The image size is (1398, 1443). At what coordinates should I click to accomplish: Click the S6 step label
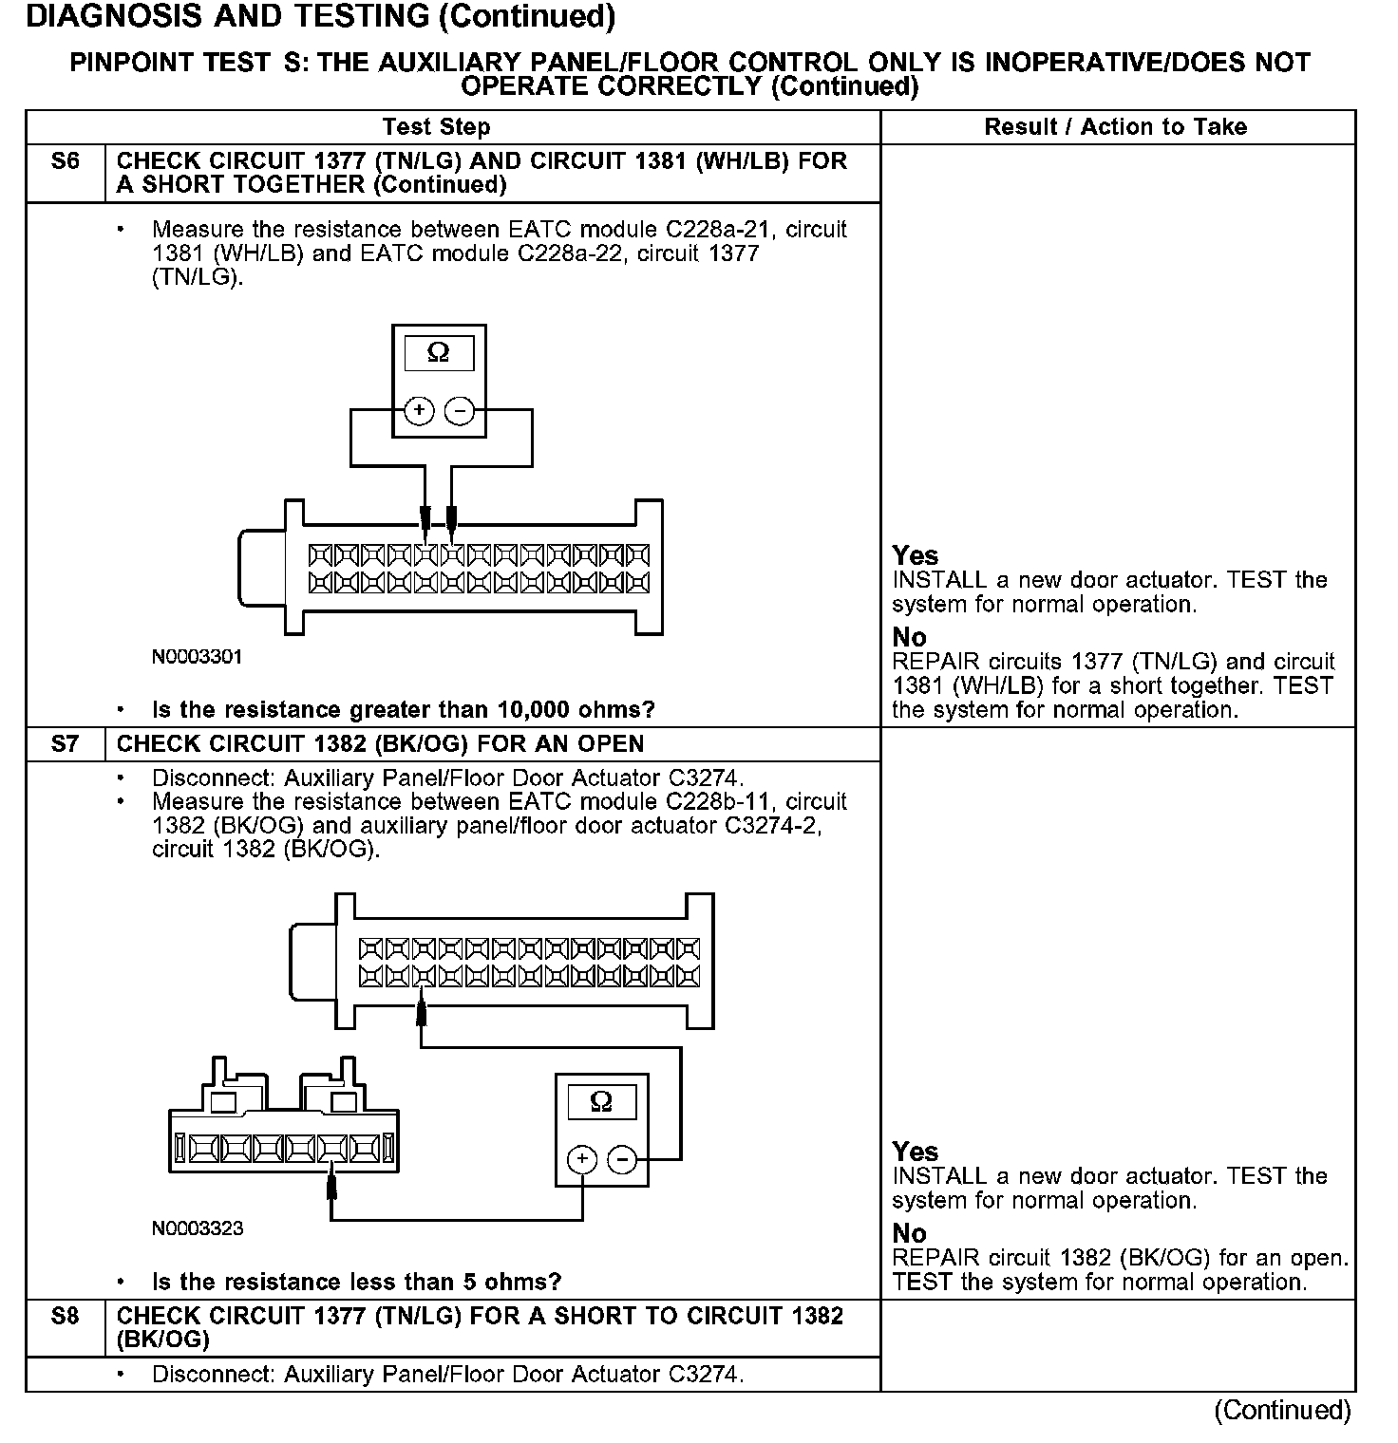[x=65, y=161]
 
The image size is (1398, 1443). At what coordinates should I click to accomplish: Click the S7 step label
[x=65, y=743]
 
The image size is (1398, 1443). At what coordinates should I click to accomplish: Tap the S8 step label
[x=65, y=1317]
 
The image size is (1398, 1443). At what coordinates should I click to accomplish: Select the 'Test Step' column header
[x=436, y=127]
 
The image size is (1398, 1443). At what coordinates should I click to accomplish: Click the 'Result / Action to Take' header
[x=1115, y=127]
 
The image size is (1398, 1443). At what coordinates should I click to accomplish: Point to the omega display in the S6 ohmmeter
[x=438, y=353]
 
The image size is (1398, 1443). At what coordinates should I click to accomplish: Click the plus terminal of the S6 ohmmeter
[x=419, y=411]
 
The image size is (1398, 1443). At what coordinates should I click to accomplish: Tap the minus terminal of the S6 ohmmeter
[x=460, y=411]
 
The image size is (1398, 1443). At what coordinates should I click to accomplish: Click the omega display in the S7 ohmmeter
[x=601, y=1101]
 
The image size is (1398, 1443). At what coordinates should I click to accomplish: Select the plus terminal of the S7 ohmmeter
[x=581, y=1159]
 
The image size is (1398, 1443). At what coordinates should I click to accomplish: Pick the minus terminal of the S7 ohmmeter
[x=622, y=1159]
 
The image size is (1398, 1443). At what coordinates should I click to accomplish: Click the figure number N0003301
[x=197, y=657]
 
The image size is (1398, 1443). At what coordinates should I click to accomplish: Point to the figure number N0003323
[x=197, y=1228]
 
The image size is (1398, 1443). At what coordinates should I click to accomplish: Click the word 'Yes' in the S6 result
[x=916, y=556]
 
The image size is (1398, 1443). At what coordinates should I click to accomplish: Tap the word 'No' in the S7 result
[x=909, y=1233]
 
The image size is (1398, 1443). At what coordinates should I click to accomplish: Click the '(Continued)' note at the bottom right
[x=1282, y=1410]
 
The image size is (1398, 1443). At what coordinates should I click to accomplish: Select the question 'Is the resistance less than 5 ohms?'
[x=356, y=1283]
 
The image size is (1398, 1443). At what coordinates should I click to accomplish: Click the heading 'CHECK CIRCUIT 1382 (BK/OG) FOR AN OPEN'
[x=380, y=743]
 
